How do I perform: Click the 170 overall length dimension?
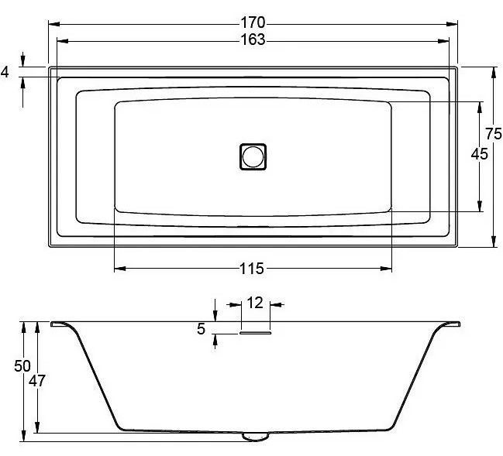click(x=253, y=22)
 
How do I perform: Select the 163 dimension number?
click(x=253, y=39)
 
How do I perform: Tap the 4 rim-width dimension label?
click(x=5, y=72)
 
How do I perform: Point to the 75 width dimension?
click(x=494, y=134)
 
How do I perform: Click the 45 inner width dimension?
click(x=479, y=154)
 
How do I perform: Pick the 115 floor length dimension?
click(x=252, y=269)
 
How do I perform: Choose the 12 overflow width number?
click(x=255, y=303)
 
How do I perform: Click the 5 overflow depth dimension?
click(x=202, y=329)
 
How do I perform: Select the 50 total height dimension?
click(x=22, y=366)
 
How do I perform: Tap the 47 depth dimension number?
click(x=37, y=381)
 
